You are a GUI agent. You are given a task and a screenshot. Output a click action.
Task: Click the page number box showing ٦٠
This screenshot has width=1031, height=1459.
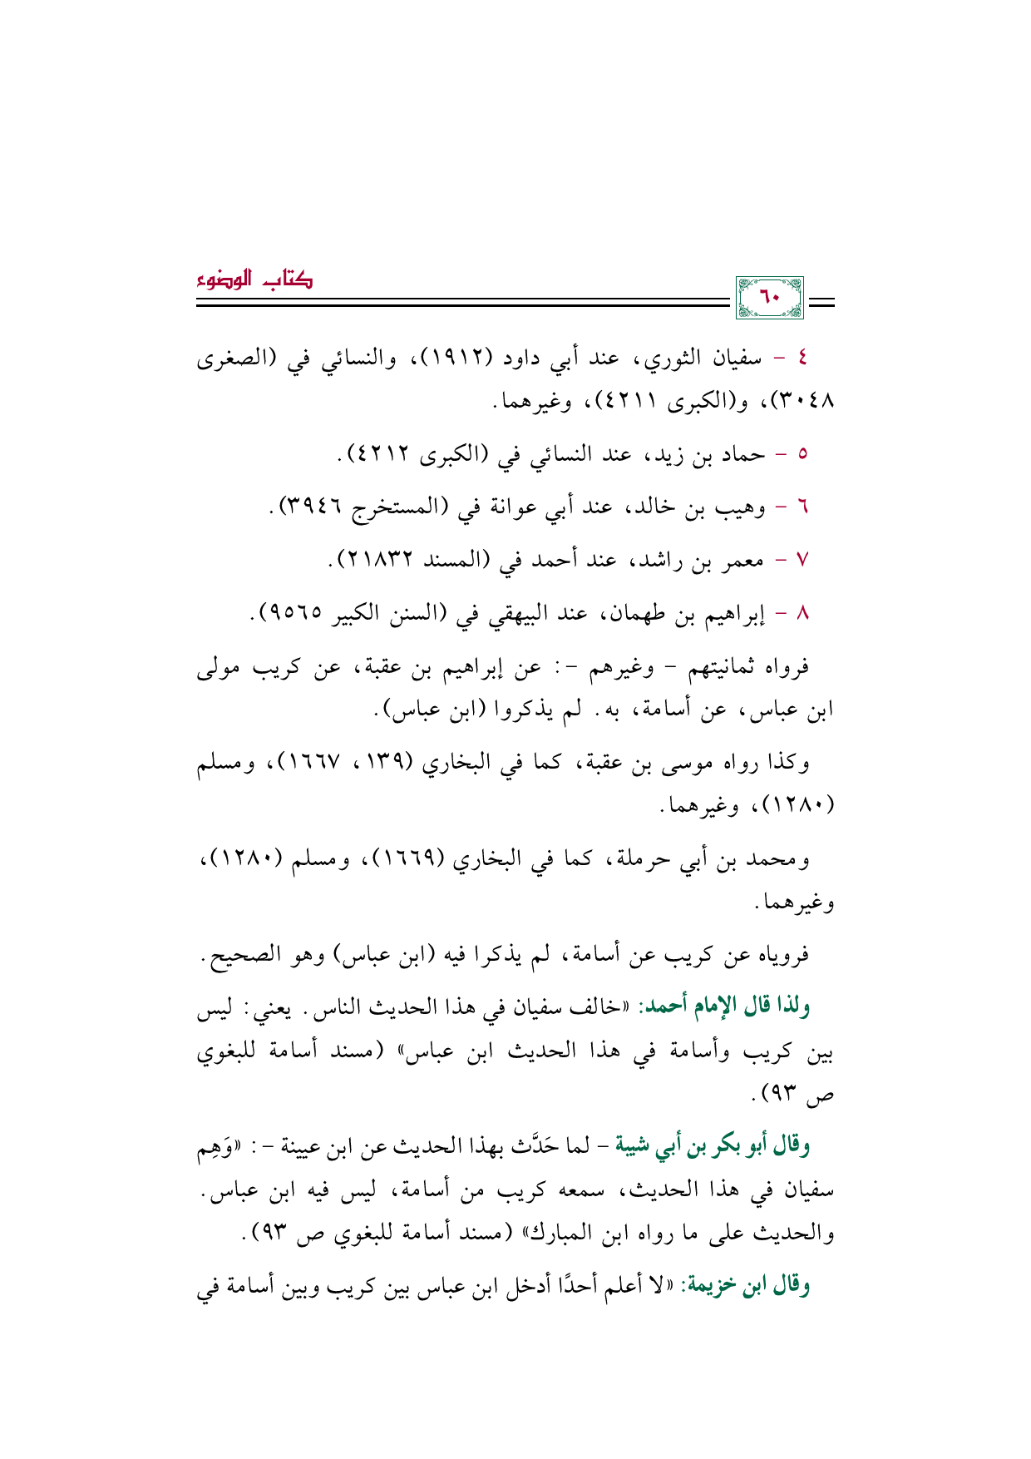tap(770, 298)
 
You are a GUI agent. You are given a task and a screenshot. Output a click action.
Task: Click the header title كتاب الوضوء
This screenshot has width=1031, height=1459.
tap(254, 279)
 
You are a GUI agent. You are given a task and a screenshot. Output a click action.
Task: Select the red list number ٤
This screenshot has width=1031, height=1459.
tap(802, 359)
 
